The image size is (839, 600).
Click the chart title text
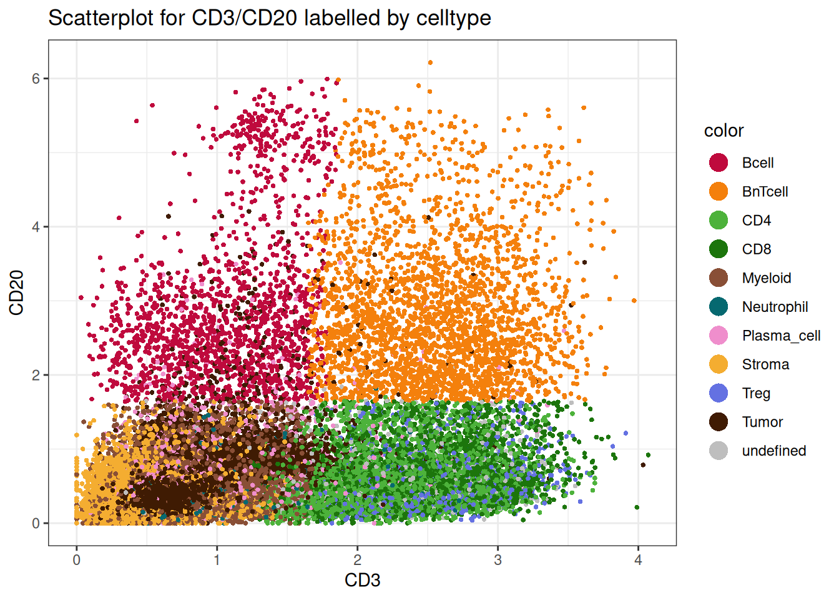pyautogui.click(x=269, y=18)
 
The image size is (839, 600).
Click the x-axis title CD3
pyautogui.click(x=362, y=580)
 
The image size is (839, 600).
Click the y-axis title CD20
pyautogui.click(x=17, y=292)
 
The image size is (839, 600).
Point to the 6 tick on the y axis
pyautogui.click(x=36, y=79)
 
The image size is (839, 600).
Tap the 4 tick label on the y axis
pyautogui.click(x=36, y=227)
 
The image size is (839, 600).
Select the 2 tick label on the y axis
pyautogui.click(x=36, y=375)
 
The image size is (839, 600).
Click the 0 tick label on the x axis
pyautogui.click(x=77, y=560)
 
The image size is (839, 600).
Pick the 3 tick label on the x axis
pyautogui.click(x=498, y=560)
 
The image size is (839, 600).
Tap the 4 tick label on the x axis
pyautogui.click(x=638, y=560)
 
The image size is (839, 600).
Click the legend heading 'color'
pyautogui.click(x=724, y=131)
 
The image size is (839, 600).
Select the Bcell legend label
pyautogui.click(x=757, y=163)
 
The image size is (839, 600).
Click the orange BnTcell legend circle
pyautogui.click(x=719, y=192)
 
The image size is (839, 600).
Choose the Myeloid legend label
pyautogui.click(x=766, y=278)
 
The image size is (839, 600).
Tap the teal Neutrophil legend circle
pyautogui.click(x=719, y=307)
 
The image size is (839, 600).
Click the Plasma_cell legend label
pyautogui.click(x=781, y=336)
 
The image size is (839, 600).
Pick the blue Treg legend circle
pyautogui.click(x=719, y=393)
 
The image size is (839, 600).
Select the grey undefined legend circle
pyautogui.click(x=719, y=451)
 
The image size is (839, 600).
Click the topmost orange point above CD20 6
pyautogui.click(x=430, y=62)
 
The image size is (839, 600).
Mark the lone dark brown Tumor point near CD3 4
pyautogui.click(x=643, y=464)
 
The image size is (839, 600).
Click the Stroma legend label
pyautogui.click(x=765, y=364)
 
